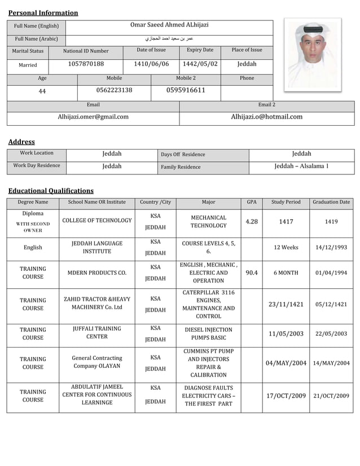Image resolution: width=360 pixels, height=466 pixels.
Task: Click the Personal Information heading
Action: point(43,13)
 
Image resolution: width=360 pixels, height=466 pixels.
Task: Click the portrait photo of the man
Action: point(312,54)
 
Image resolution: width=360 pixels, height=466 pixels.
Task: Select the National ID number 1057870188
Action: point(86,64)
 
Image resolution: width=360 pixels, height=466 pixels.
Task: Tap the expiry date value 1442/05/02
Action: point(200,64)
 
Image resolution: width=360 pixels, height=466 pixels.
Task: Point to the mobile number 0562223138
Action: point(114,90)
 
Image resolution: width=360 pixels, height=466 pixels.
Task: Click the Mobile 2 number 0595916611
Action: point(186,90)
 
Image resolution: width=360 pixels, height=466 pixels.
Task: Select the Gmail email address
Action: point(93,117)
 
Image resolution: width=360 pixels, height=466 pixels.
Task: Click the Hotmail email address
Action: point(266,117)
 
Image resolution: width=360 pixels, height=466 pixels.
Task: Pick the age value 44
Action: point(42,91)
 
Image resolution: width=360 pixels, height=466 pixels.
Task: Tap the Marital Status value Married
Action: point(28,65)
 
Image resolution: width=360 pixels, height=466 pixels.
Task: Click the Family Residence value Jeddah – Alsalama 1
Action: point(301,166)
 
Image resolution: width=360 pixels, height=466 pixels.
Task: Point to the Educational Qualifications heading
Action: point(51,191)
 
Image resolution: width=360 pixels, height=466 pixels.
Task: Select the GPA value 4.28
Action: point(251,222)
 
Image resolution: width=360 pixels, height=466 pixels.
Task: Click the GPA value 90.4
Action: point(251,273)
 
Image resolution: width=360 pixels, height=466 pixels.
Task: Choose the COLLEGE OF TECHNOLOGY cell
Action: point(96,221)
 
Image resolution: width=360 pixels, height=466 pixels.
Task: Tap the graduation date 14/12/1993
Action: point(331,248)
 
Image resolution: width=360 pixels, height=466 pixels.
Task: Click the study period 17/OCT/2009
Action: point(286,395)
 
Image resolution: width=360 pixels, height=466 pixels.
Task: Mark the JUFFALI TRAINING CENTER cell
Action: point(96,333)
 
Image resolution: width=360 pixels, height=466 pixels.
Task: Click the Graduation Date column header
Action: point(331,202)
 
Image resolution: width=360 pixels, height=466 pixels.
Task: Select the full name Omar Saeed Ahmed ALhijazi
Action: point(169,25)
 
